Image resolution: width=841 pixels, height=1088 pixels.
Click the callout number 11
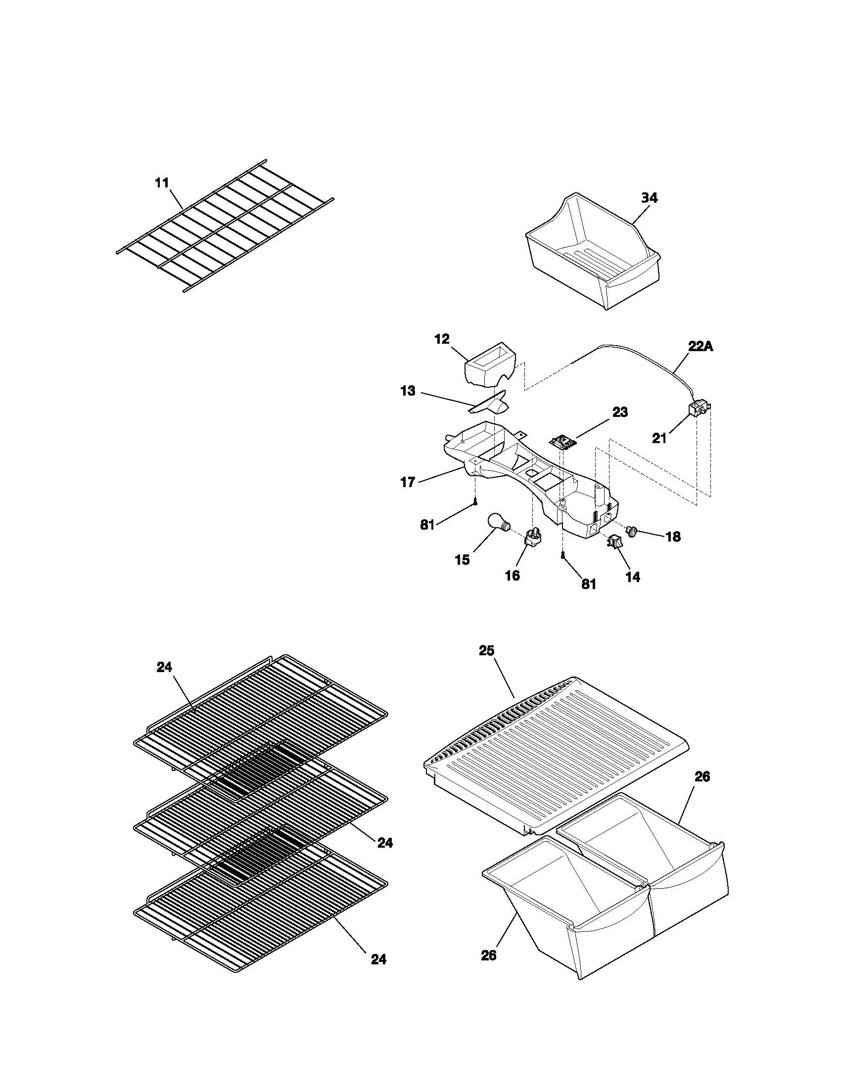coord(162,183)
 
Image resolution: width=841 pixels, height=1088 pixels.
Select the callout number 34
coord(649,198)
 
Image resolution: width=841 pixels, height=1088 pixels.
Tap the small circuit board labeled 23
coord(562,440)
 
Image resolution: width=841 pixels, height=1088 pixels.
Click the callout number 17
coord(408,482)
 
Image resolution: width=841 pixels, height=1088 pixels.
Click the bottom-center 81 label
coord(588,584)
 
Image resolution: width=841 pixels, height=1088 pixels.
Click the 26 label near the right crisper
coord(702,776)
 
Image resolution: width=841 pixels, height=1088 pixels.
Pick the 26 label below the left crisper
coord(489,955)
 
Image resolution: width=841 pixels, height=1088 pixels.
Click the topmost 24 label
coord(164,667)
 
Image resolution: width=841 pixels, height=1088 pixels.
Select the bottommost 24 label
coord(378,959)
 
